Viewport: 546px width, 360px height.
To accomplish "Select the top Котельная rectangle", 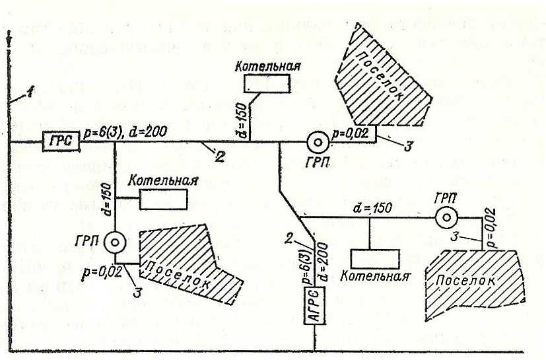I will point(266,83).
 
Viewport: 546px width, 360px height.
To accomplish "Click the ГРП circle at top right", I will point(316,142).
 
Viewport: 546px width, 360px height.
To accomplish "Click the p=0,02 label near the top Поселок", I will point(353,133).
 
